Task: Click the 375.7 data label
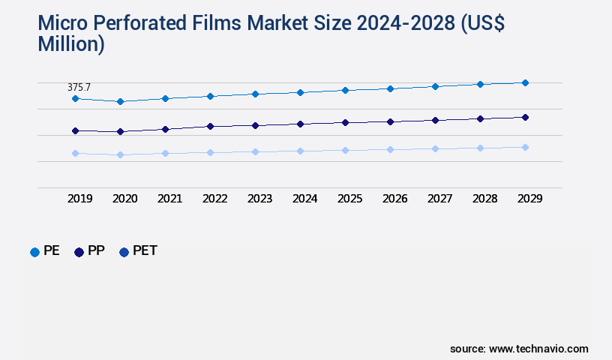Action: click(79, 88)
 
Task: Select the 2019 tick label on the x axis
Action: click(80, 199)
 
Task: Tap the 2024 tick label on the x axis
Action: click(305, 199)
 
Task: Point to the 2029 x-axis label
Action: click(529, 199)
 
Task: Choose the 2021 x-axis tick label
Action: click(170, 199)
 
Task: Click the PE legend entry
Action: click(45, 251)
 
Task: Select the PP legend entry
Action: click(89, 251)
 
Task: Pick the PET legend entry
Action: click(138, 251)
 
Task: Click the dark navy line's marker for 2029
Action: click(525, 117)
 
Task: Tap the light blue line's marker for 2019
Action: click(75, 153)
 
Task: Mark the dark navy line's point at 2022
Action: click(210, 126)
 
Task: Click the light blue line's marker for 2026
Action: click(390, 149)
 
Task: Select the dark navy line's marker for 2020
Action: click(120, 132)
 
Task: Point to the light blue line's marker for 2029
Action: click(525, 147)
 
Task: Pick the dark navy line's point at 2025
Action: click(345, 122)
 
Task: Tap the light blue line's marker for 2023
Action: click(255, 151)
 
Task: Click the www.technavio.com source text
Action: click(538, 349)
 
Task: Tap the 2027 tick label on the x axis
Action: click(440, 199)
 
